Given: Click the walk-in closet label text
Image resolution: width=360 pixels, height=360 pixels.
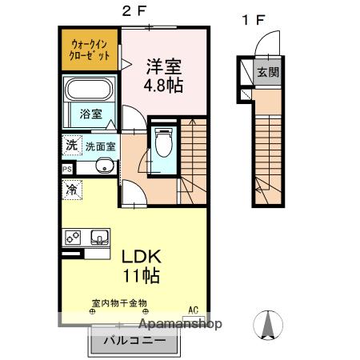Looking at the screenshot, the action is tap(90, 50).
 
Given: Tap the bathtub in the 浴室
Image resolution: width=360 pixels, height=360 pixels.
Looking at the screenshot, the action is tap(89, 90).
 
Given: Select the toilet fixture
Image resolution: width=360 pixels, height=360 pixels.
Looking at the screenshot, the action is tap(164, 142).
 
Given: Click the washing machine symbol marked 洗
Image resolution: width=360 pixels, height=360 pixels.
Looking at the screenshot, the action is tap(72, 146).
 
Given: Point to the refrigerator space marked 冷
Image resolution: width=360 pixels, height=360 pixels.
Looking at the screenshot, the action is tap(72, 190).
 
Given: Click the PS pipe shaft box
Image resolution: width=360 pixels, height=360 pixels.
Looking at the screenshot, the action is tap(67, 169).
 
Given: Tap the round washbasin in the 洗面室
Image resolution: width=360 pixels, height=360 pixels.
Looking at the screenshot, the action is tap(105, 166).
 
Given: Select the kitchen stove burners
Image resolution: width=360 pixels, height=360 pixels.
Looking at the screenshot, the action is tap(73, 237).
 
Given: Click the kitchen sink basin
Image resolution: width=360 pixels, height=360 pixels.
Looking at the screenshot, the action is tap(99, 237).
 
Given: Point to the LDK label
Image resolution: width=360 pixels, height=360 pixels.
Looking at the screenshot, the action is tap(142, 257).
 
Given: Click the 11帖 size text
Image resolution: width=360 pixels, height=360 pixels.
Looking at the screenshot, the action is tap(142, 276).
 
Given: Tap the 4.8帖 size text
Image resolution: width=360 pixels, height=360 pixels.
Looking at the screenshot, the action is tap(163, 86).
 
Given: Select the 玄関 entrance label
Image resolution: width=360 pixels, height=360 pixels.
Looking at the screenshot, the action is tap(268, 72).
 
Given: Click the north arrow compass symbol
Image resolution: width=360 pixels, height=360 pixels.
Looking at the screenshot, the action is tap(268, 325).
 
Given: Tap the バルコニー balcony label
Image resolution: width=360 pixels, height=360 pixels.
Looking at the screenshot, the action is tap(134, 341).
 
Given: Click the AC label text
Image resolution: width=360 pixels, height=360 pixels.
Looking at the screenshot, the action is tap(194, 310).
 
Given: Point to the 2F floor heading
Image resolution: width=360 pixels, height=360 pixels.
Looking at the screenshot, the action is tap(134, 11).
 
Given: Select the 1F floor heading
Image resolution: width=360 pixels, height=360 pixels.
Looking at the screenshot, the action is tap(253, 20).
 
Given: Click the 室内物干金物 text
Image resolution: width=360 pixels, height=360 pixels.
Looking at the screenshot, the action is tap(119, 303).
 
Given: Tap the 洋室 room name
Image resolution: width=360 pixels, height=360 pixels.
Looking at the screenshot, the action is tap(164, 66).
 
